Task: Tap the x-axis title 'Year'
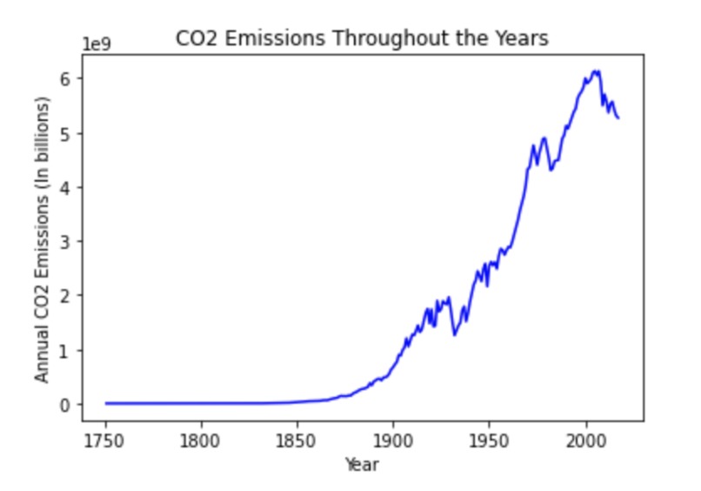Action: [362, 464]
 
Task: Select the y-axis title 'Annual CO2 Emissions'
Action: [42, 239]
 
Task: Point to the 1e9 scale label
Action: [97, 45]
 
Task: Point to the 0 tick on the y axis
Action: [76, 404]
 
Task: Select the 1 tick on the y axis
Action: [76, 350]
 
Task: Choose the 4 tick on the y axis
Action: [76, 187]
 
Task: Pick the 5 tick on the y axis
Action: [76, 132]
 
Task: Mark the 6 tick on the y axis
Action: [76, 78]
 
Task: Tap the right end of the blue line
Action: [618, 118]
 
